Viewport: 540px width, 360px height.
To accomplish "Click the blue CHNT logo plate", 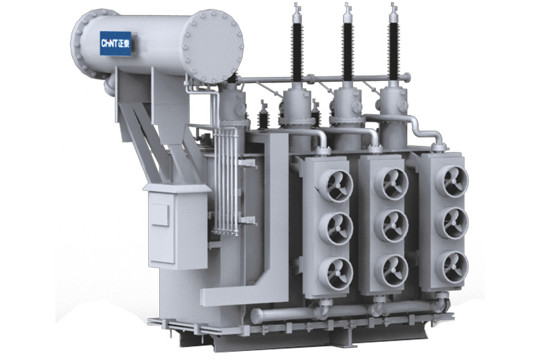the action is [116, 44].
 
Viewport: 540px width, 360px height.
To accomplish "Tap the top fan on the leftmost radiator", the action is [336, 186].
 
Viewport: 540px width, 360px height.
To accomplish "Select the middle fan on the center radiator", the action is [392, 226].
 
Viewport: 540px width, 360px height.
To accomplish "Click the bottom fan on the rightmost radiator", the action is [452, 267].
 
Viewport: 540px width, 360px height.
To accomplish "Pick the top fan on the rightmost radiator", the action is [452, 181].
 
